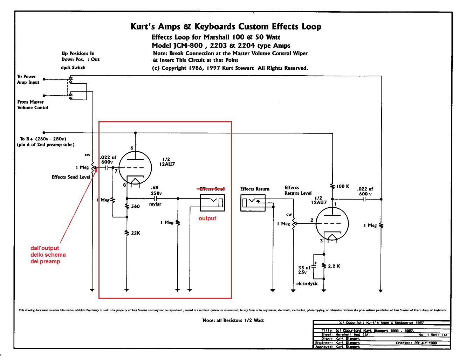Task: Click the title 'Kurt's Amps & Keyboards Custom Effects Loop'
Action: point(226,27)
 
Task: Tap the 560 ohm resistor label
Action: point(135,206)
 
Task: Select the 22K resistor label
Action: point(136,233)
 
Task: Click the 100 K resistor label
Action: point(343,186)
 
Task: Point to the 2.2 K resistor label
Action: point(334,266)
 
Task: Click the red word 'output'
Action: point(207,219)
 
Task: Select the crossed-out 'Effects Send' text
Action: point(212,189)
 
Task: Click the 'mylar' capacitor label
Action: point(155,204)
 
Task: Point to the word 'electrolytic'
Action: point(307,284)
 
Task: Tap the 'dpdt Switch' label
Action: point(73,67)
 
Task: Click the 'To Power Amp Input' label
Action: point(28,79)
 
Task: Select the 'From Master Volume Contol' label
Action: point(33,105)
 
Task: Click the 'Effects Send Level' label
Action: point(71,177)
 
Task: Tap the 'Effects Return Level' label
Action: point(298,190)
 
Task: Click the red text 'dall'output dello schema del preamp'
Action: point(48,255)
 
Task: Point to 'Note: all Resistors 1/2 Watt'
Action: point(233,320)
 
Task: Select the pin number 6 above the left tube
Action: point(132,148)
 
